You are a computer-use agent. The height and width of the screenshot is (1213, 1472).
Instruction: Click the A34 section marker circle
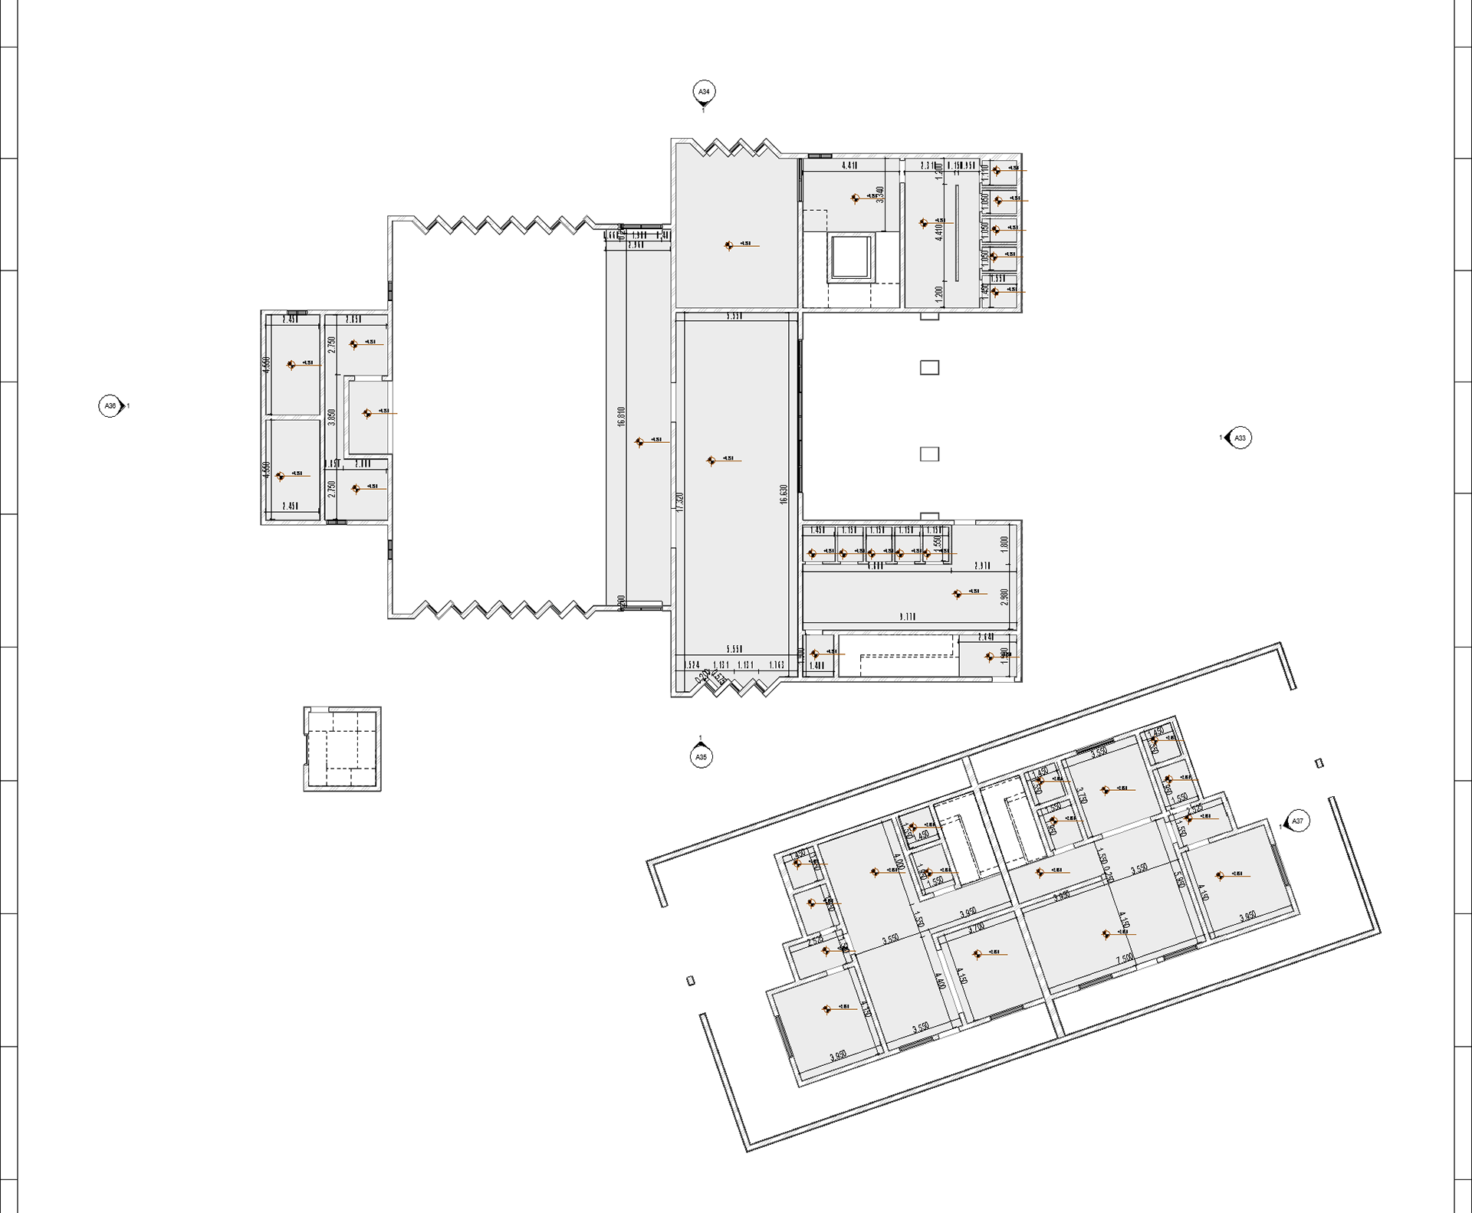[703, 92]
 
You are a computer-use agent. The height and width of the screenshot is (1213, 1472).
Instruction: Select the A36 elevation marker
[111, 405]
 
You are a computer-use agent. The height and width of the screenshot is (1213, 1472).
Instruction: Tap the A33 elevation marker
[1239, 438]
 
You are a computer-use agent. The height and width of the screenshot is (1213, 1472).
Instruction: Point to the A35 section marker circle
[701, 757]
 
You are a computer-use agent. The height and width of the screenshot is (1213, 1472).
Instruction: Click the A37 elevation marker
[1297, 821]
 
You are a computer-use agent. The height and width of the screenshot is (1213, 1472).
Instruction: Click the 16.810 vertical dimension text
[621, 417]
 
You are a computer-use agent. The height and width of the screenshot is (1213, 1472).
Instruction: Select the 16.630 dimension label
[784, 494]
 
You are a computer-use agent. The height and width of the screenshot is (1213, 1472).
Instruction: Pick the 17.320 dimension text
[679, 502]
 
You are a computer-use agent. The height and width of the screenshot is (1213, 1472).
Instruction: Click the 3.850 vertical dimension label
[331, 417]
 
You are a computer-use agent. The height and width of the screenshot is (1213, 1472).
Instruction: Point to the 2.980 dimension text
[1004, 597]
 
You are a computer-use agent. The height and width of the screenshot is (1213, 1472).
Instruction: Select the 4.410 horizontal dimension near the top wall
[849, 166]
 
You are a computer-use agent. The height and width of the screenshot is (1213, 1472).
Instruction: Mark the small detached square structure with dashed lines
[342, 749]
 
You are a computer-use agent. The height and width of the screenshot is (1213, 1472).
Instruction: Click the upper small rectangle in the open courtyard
[929, 368]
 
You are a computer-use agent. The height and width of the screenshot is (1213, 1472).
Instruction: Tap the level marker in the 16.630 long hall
[712, 461]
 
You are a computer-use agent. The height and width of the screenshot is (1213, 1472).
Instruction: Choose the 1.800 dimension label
[1004, 544]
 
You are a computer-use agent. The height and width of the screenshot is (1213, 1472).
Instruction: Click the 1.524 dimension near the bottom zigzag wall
[692, 665]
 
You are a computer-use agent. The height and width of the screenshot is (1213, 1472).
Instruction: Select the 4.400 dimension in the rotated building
[938, 982]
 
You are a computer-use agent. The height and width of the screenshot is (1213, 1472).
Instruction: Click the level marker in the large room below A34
[729, 246]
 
